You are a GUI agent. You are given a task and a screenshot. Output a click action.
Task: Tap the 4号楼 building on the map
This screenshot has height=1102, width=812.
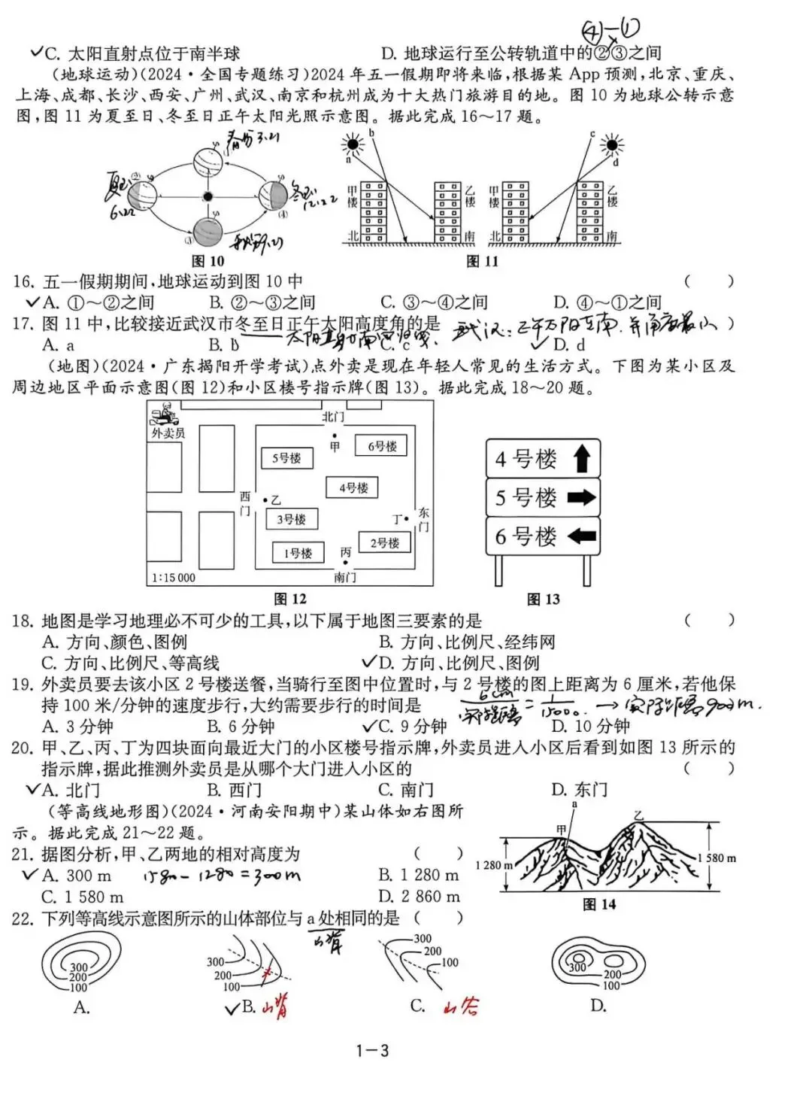(353, 487)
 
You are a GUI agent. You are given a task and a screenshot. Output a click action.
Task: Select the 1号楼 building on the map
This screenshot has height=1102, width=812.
(298, 553)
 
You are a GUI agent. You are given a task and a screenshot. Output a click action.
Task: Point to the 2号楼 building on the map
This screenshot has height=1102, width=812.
(384, 542)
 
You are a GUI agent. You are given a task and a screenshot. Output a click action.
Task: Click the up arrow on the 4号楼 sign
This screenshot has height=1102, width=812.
(582, 458)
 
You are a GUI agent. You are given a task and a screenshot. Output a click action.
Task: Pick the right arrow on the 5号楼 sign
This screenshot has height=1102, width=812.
(581, 497)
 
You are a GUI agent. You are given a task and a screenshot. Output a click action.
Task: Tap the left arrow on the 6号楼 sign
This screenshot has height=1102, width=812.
(581, 536)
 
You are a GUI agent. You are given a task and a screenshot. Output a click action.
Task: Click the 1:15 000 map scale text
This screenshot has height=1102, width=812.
(173, 577)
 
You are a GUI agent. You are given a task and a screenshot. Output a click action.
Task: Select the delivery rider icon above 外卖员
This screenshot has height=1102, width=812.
(165, 414)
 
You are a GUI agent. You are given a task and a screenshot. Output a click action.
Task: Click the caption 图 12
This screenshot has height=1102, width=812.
(290, 599)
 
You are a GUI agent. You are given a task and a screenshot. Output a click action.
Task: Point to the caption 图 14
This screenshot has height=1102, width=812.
(599, 903)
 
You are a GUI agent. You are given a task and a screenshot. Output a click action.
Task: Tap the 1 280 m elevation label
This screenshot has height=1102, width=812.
(493, 865)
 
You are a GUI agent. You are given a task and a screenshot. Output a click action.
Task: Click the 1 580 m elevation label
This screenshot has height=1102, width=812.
(717, 858)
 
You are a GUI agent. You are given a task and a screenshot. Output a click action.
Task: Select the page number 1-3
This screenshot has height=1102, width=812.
(372, 1051)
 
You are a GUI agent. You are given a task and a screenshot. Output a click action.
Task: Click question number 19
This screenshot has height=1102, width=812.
(22, 685)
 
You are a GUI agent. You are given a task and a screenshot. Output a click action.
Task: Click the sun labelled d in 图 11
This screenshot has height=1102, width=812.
(612, 145)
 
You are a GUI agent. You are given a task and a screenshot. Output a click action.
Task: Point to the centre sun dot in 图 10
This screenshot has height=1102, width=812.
(208, 196)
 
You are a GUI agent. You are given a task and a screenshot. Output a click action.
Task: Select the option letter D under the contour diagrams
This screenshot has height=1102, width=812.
(598, 1006)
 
